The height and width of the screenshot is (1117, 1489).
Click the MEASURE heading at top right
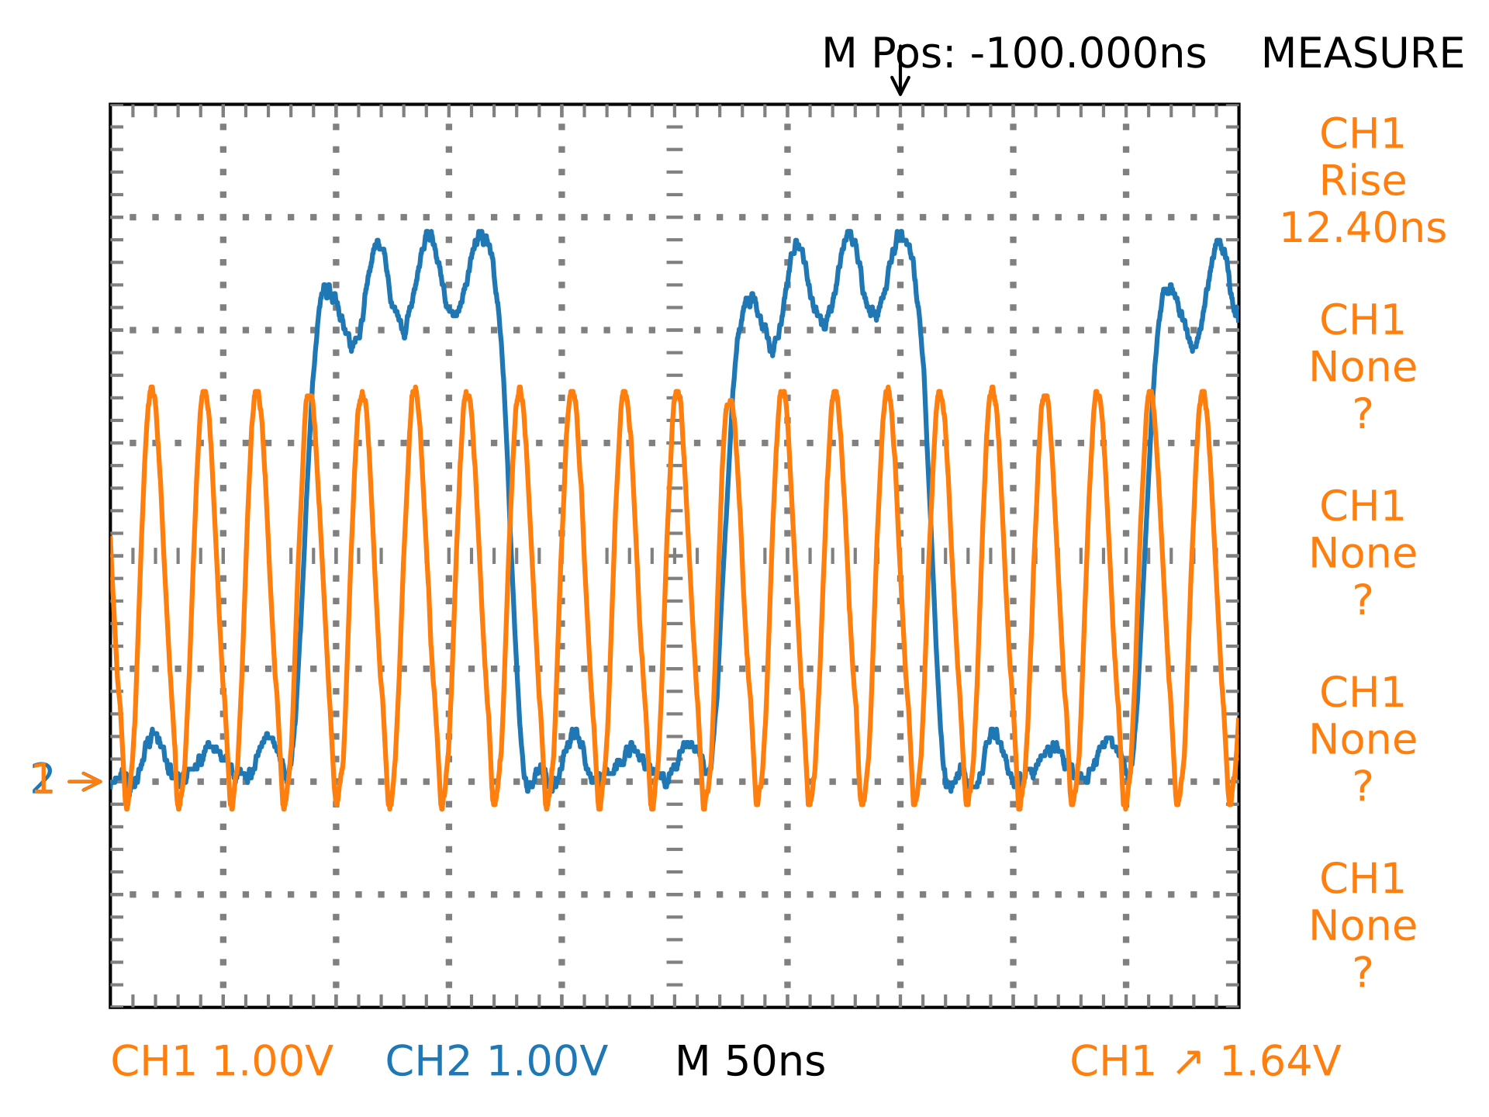[1362, 54]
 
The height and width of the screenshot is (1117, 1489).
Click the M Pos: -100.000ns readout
[1013, 54]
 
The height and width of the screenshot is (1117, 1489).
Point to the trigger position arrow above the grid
[900, 81]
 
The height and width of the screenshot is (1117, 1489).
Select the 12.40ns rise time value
[1362, 228]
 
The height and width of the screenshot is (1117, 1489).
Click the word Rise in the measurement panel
[1362, 182]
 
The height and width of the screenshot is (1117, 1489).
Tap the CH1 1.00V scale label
[222, 1061]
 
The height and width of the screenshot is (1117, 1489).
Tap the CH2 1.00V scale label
[496, 1061]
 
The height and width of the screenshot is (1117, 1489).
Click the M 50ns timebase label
[750, 1061]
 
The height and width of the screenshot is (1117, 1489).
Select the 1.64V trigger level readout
[1280, 1061]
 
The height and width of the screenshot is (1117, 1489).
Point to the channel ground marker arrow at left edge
[84, 782]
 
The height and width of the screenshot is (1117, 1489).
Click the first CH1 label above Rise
[1362, 134]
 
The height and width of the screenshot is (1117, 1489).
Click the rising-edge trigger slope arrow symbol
[1188, 1062]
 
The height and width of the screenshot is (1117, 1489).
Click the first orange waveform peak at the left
[151, 389]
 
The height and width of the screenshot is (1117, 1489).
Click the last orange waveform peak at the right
[1203, 393]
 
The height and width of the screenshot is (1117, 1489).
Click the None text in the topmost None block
[1362, 368]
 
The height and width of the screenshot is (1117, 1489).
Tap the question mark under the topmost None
[1362, 414]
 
